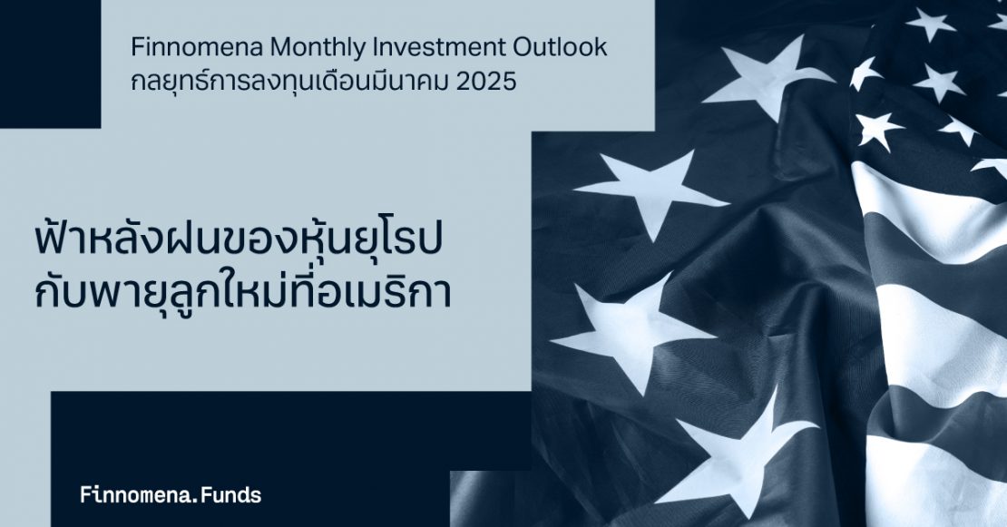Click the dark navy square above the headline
point(50,63)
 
